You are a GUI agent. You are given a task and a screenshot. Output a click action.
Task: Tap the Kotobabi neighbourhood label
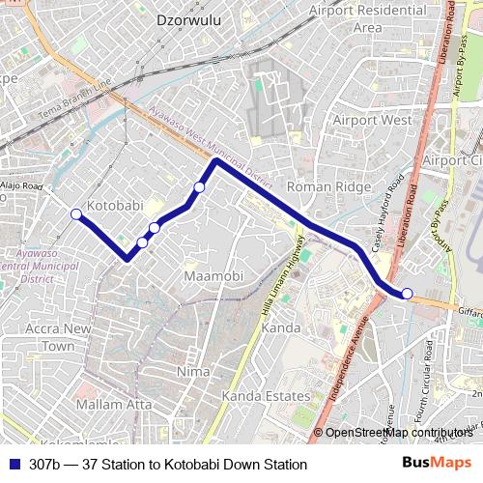click(115, 206)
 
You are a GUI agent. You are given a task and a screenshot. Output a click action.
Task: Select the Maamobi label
click(213, 277)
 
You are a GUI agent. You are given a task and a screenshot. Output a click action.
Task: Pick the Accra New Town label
click(58, 337)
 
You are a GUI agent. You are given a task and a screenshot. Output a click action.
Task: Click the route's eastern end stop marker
click(408, 294)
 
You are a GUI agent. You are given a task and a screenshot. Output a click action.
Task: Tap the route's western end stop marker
click(75, 213)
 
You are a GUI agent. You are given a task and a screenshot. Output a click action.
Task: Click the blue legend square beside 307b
click(13, 465)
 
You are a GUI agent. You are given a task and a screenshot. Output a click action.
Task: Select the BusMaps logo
click(437, 464)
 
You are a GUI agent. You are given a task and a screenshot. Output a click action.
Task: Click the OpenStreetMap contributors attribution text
click(399, 433)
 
